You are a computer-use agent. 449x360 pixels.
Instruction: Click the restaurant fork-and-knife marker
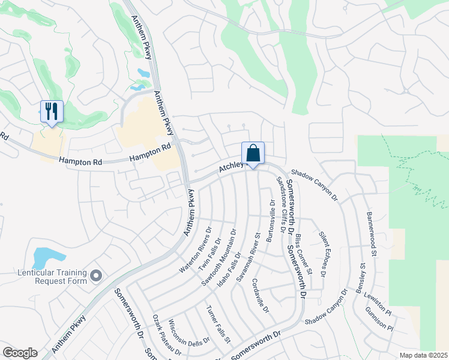pos(51,112)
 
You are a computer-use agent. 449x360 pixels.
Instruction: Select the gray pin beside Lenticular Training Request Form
pos(97,276)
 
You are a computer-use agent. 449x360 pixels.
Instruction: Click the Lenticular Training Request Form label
pos(52,276)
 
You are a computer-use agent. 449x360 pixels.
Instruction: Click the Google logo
pos(20,352)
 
